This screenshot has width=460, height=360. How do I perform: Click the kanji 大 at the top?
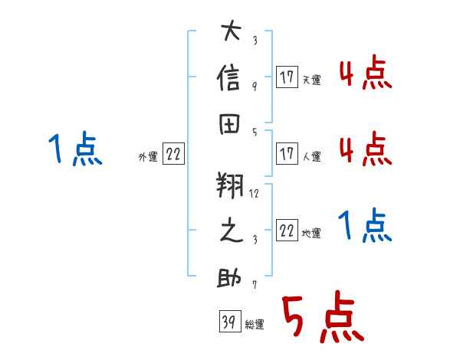232,30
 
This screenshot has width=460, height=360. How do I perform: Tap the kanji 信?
228,77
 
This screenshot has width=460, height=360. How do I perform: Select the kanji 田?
229,124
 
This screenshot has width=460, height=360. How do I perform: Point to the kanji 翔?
230,185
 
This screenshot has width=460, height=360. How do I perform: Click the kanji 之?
232,230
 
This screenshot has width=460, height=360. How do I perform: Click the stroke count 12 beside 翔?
254,194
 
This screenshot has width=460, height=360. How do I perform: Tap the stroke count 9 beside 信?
255,87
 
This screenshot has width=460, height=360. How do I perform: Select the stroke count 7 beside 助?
255,284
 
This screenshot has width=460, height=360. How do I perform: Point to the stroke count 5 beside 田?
255,133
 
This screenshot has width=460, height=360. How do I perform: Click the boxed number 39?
230,321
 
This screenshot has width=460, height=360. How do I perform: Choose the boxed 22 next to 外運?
173,154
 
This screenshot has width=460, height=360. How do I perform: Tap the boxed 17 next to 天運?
287,77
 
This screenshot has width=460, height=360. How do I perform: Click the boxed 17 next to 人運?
287,154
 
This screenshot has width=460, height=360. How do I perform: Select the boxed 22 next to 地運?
287,230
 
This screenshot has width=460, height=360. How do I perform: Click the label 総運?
255,325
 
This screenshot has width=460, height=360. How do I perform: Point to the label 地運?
311,234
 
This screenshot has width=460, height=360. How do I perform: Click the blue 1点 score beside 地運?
365,225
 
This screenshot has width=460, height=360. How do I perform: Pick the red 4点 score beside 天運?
366,72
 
